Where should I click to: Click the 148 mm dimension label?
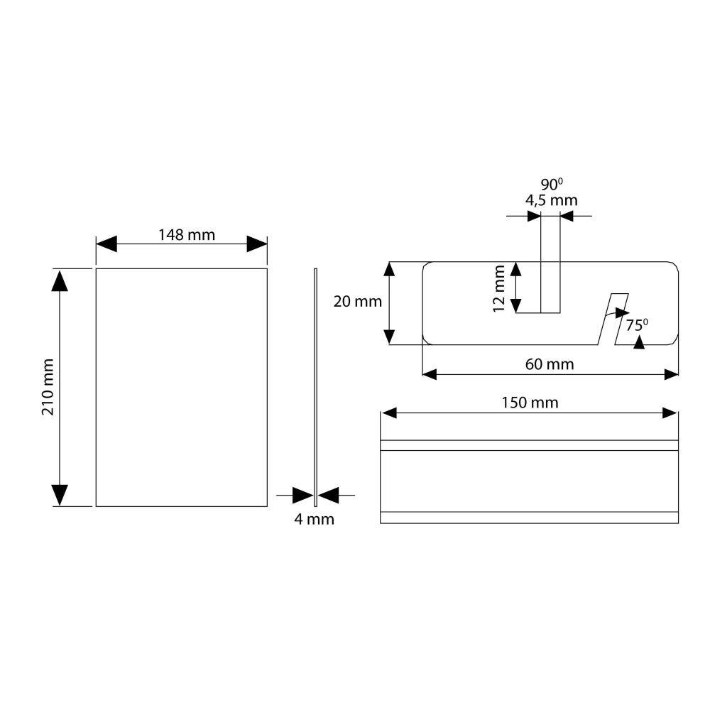pyautogui.click(x=187, y=235)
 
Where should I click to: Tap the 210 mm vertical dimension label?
pyautogui.click(x=48, y=387)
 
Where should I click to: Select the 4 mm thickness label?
pyautogui.click(x=315, y=519)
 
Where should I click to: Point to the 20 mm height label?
pyautogui.click(x=358, y=302)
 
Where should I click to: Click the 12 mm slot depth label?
pyautogui.click(x=498, y=288)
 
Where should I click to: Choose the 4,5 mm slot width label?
pyautogui.click(x=552, y=200)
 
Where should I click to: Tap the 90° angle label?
pyautogui.click(x=552, y=185)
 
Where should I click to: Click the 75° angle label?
pyautogui.click(x=637, y=324)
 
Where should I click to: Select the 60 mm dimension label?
pyautogui.click(x=550, y=364)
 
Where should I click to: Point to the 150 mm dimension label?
pyautogui.click(x=530, y=403)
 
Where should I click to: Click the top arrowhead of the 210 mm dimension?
pyautogui.click(x=60, y=280)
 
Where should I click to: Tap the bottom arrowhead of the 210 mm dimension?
pyautogui.click(x=60, y=496)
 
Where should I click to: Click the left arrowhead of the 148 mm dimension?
pyautogui.click(x=106, y=244)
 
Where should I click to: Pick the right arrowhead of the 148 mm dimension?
pyautogui.click(x=257, y=244)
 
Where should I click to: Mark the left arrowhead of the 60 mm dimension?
pyautogui.click(x=430, y=374)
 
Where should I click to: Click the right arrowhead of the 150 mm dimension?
pyautogui.click(x=670, y=413)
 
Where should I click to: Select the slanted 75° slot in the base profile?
pyautogui.click(x=613, y=319)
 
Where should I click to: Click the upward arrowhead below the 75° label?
pyautogui.click(x=639, y=342)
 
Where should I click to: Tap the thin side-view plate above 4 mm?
pyautogui.click(x=316, y=387)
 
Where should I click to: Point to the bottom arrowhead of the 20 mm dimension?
pyautogui.click(x=389, y=337)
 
